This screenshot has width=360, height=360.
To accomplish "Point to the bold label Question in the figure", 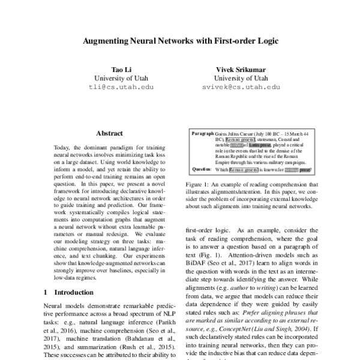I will click(x=202, y=169).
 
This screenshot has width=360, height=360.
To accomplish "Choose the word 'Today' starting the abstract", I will click(x=63, y=148).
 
